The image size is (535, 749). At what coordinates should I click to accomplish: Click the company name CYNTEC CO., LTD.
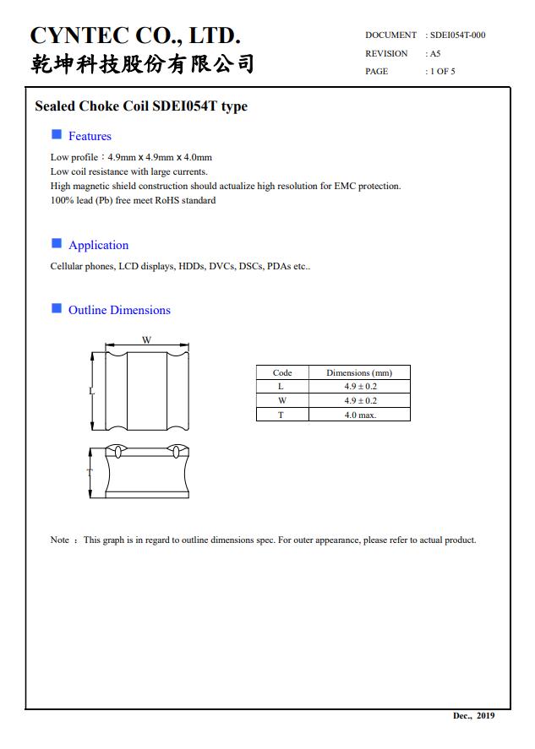pyautogui.click(x=135, y=35)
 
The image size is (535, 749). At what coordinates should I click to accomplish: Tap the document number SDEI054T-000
pyautogui.click(x=457, y=35)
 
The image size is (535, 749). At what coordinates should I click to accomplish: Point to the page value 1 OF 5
pyautogui.click(x=442, y=71)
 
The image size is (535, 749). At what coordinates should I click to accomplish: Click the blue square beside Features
pyautogui.click(x=57, y=134)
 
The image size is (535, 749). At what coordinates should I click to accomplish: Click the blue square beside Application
pyautogui.click(x=57, y=243)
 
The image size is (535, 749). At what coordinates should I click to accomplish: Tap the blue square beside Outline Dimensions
pyautogui.click(x=57, y=308)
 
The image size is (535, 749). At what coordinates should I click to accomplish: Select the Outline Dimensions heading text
pyautogui.click(x=119, y=310)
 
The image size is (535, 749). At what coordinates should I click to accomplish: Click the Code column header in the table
pyautogui.click(x=282, y=372)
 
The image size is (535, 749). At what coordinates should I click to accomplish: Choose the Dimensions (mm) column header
pyautogui.click(x=359, y=372)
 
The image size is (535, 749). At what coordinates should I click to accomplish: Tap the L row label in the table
pyautogui.click(x=281, y=387)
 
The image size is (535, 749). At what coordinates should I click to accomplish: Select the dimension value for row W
pyautogui.click(x=360, y=400)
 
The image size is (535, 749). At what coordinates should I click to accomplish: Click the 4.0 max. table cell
pyautogui.click(x=360, y=415)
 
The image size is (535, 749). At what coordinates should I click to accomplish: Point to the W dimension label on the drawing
pyautogui.click(x=146, y=340)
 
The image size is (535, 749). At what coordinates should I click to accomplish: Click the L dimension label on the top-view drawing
pyautogui.click(x=92, y=392)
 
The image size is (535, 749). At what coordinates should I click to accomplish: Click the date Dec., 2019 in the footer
pyautogui.click(x=474, y=716)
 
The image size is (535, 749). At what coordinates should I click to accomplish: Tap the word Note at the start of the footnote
pyautogui.click(x=60, y=540)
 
